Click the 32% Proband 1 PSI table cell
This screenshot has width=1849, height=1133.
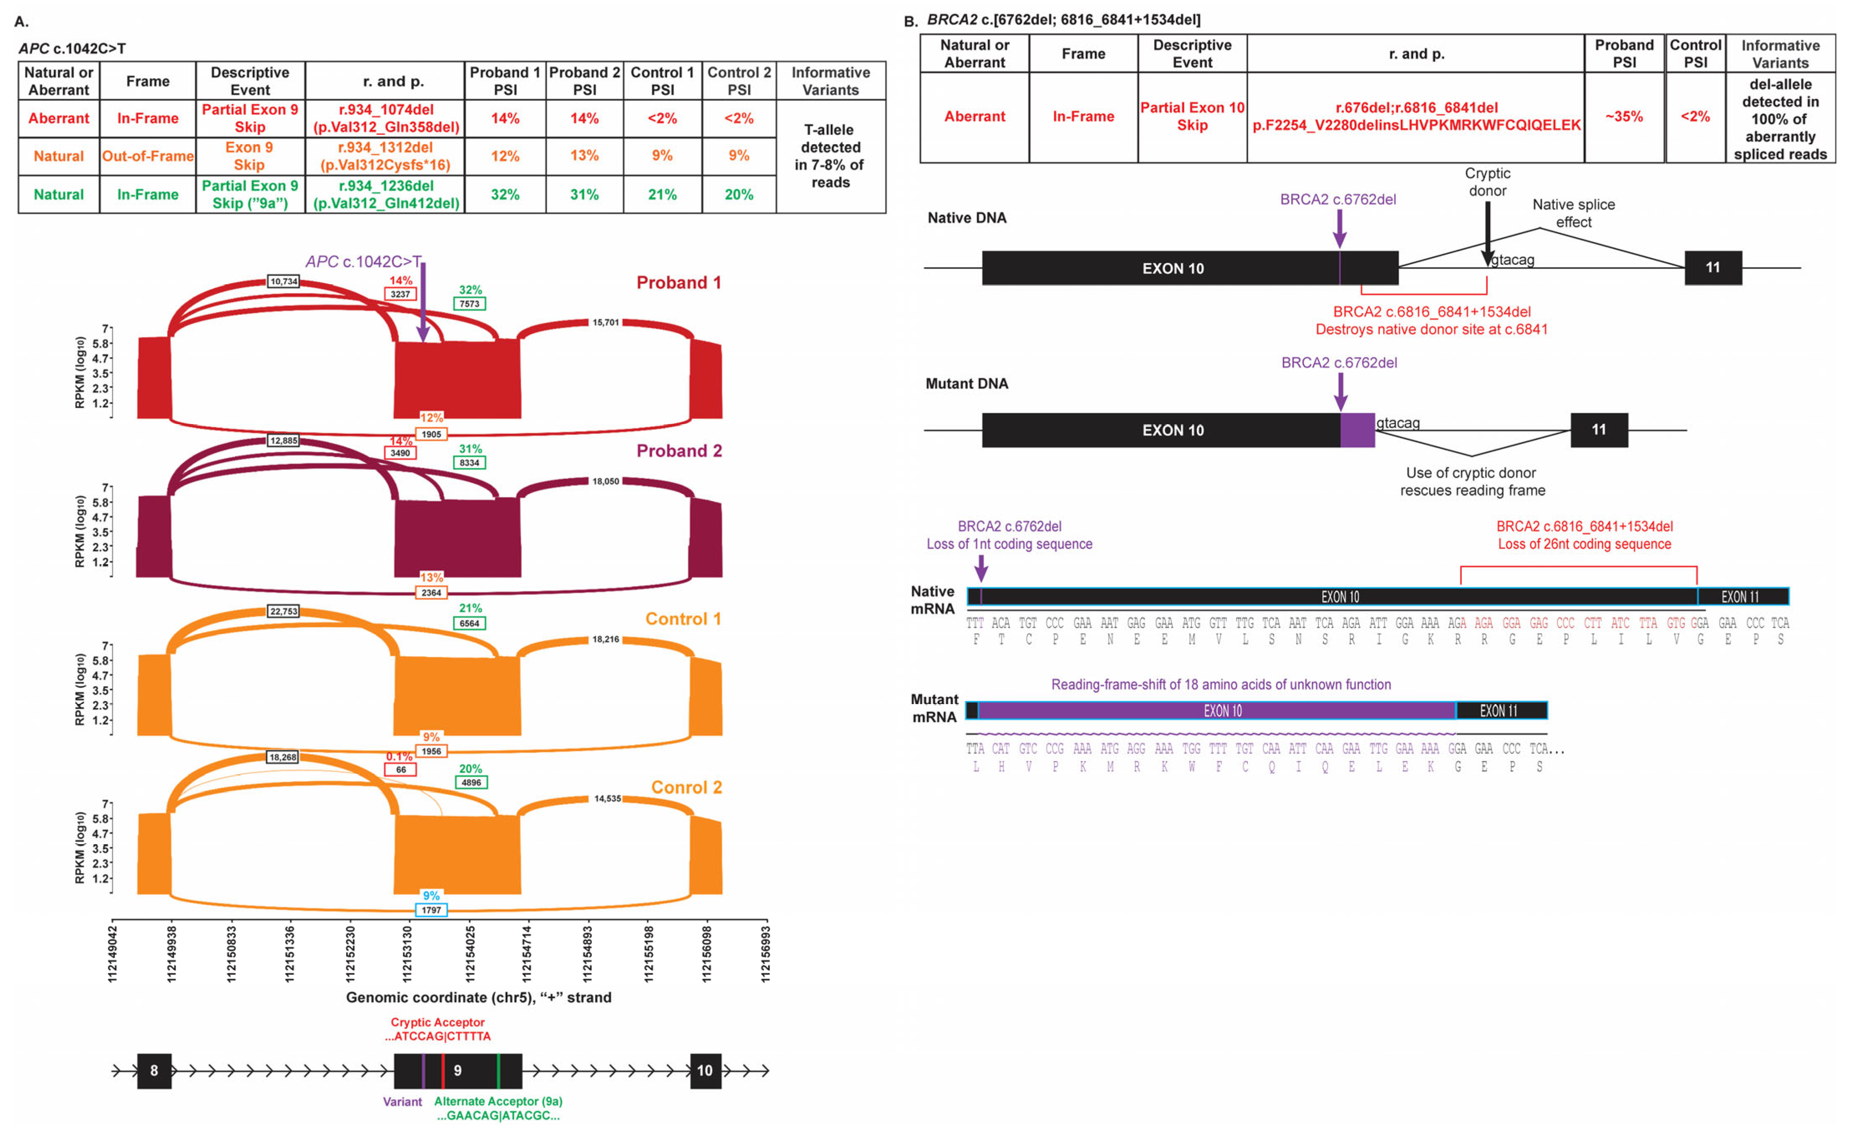click(505, 194)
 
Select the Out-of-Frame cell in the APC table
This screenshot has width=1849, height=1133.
click(148, 156)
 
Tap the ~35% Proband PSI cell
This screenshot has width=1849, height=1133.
click(1624, 116)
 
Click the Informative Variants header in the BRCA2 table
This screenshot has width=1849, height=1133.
click(1780, 54)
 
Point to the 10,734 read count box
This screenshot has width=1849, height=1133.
click(284, 281)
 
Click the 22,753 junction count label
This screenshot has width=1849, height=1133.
click(284, 611)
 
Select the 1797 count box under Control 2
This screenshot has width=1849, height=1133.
click(432, 910)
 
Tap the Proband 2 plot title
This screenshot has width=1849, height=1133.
click(678, 451)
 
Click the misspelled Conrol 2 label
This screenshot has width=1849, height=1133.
click(686, 787)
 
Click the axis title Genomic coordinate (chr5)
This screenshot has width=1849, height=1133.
click(478, 997)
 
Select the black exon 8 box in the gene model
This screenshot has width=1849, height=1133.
click(154, 1071)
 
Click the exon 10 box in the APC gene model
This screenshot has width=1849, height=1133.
click(705, 1071)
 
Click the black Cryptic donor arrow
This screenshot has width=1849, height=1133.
click(1487, 233)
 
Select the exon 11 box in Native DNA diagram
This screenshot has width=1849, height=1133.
click(1712, 268)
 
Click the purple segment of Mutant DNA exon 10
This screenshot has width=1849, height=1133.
click(1357, 430)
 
